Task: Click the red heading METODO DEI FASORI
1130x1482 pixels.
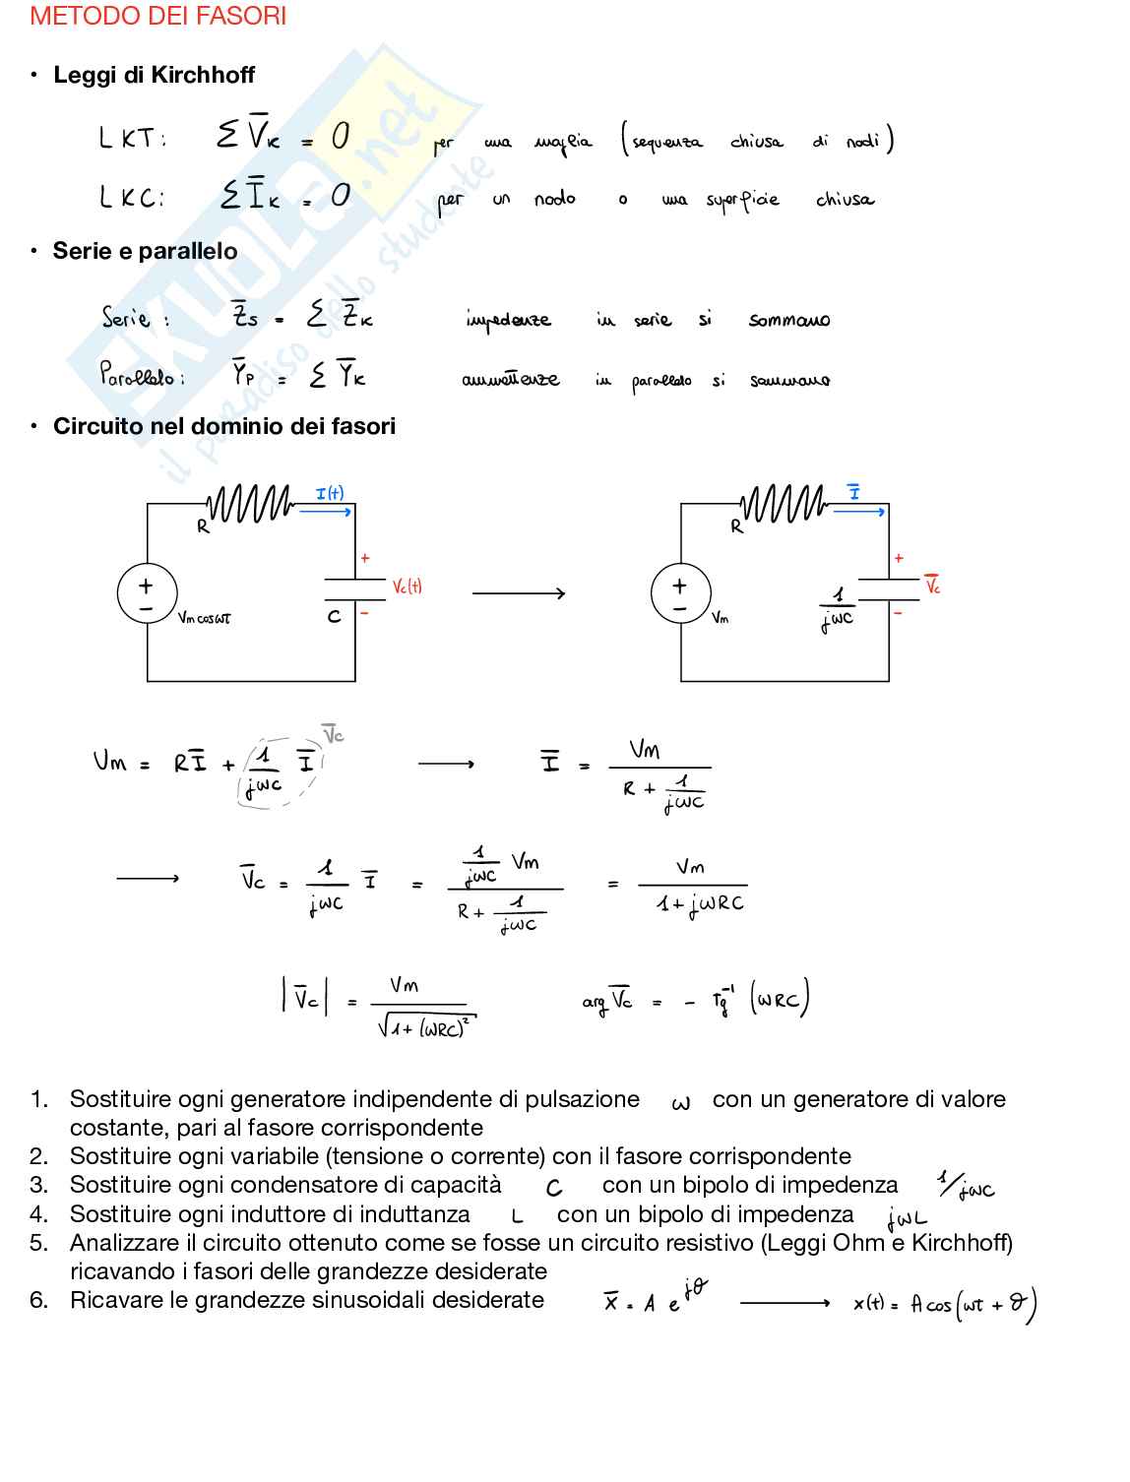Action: pyautogui.click(x=158, y=17)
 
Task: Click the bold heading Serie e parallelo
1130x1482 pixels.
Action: pyautogui.click(x=145, y=251)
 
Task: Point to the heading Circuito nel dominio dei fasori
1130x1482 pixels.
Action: pyautogui.click(x=224, y=426)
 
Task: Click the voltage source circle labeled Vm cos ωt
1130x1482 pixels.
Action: pyautogui.click(x=146, y=595)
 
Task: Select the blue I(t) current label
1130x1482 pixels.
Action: pyautogui.click(x=330, y=494)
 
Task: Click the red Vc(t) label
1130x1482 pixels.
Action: pyautogui.click(x=407, y=587)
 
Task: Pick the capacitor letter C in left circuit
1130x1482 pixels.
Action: pyautogui.click(x=334, y=617)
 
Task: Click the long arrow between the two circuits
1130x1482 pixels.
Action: pyautogui.click(x=519, y=593)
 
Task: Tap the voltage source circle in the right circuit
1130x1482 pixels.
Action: pyautogui.click(x=679, y=595)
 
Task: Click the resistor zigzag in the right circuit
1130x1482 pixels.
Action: pyautogui.click(x=784, y=505)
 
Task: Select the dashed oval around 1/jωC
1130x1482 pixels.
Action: pyautogui.click(x=277, y=772)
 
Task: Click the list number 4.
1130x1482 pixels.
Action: pyautogui.click(x=38, y=1214)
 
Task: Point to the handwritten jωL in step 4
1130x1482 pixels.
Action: pyautogui.click(x=906, y=1219)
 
